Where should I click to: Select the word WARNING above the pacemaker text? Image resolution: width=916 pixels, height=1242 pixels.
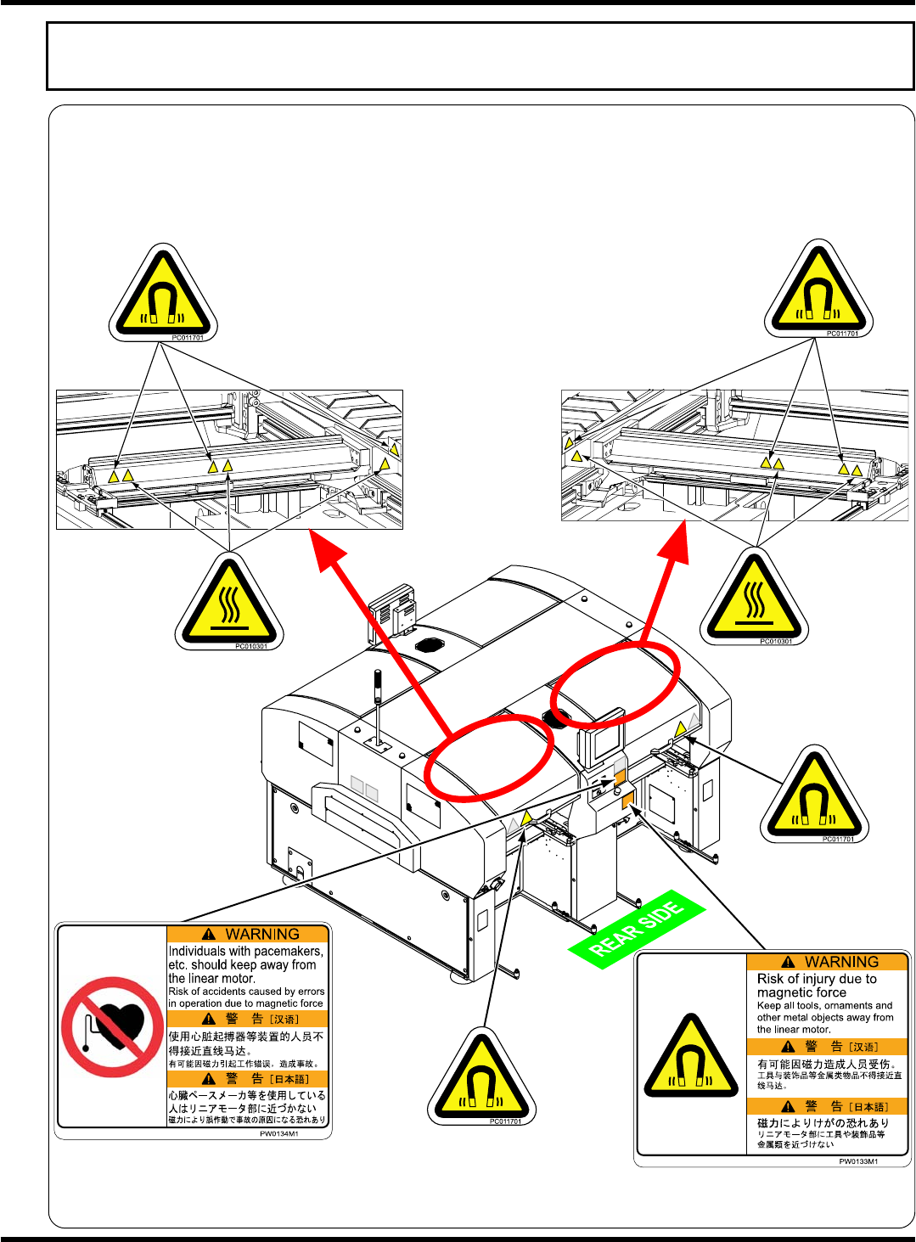point(261,934)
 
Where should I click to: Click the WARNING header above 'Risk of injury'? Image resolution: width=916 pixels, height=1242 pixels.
point(840,962)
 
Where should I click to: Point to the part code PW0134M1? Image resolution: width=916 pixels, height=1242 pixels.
point(278,1133)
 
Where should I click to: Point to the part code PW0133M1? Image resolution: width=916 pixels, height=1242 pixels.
point(858,1161)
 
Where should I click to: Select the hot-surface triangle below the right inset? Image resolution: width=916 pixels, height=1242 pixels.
point(754,598)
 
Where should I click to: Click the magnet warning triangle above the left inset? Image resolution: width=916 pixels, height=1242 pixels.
point(163,294)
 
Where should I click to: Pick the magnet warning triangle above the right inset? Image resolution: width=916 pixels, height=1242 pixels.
point(818,289)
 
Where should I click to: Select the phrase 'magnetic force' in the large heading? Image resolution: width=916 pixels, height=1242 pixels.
point(801,992)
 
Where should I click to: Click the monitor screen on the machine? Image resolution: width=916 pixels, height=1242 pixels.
point(606,745)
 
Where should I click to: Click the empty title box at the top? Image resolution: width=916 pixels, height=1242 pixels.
point(480,56)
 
